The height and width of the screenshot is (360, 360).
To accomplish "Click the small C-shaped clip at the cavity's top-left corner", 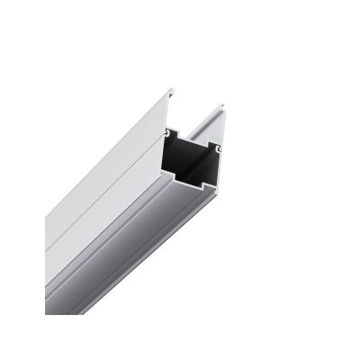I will coord(168,130).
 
